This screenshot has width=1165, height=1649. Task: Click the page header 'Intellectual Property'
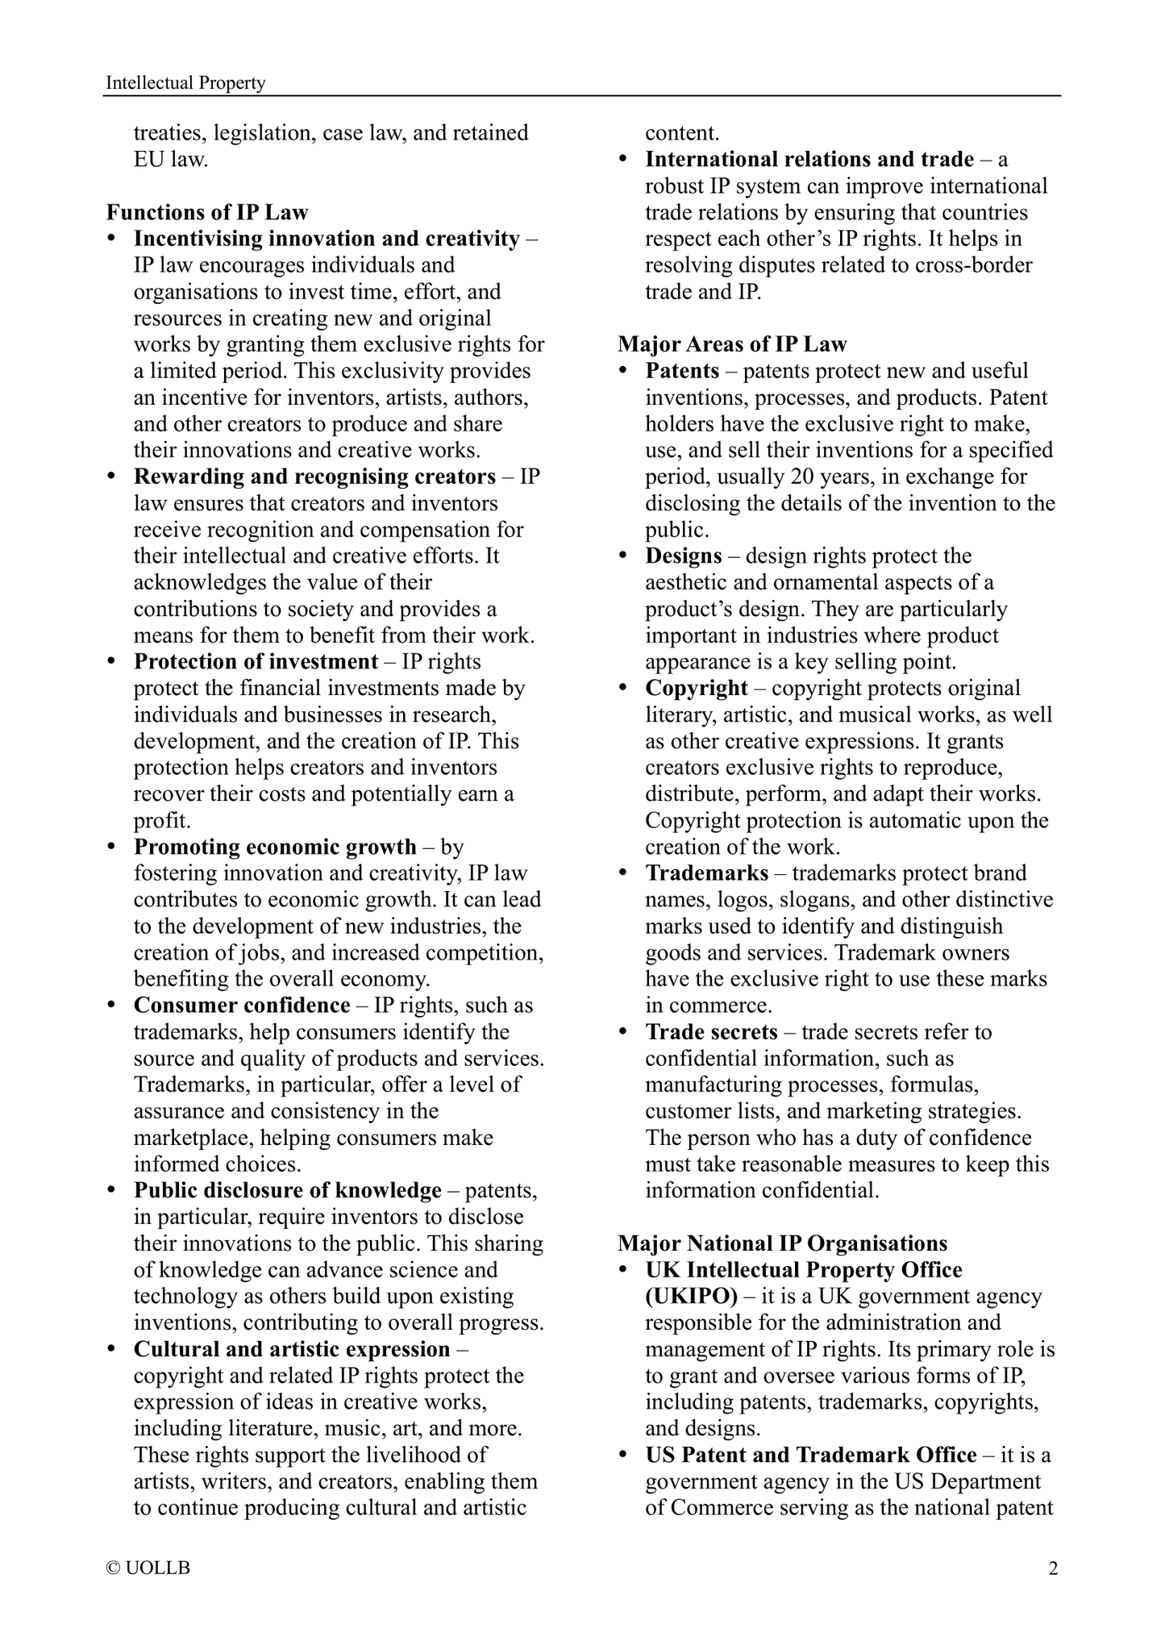[x=185, y=83]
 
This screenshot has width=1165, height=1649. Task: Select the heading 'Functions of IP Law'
[x=207, y=212]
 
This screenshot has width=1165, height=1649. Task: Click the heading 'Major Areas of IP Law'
[x=732, y=344]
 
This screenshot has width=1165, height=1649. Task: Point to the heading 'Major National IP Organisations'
[x=782, y=1243]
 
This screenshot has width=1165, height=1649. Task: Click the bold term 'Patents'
[x=682, y=371]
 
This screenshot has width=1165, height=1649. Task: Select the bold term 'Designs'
[x=684, y=556]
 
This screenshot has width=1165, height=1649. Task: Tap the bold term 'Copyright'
[x=697, y=688]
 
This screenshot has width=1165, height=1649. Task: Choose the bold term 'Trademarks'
[x=707, y=872]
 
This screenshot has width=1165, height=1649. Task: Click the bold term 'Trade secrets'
[x=711, y=1031]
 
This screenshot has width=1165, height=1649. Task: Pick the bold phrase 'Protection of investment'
[x=256, y=661]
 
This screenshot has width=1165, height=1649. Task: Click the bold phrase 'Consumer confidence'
[x=242, y=1005]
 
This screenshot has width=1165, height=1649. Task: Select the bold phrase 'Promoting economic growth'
[x=275, y=847]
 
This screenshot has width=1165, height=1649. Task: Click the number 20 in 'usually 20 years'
[x=832, y=477]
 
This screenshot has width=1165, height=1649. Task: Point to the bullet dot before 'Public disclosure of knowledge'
[x=112, y=1191]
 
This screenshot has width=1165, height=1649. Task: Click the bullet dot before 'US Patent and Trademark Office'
[x=623, y=1455]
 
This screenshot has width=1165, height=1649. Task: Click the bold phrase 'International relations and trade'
[x=809, y=160]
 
